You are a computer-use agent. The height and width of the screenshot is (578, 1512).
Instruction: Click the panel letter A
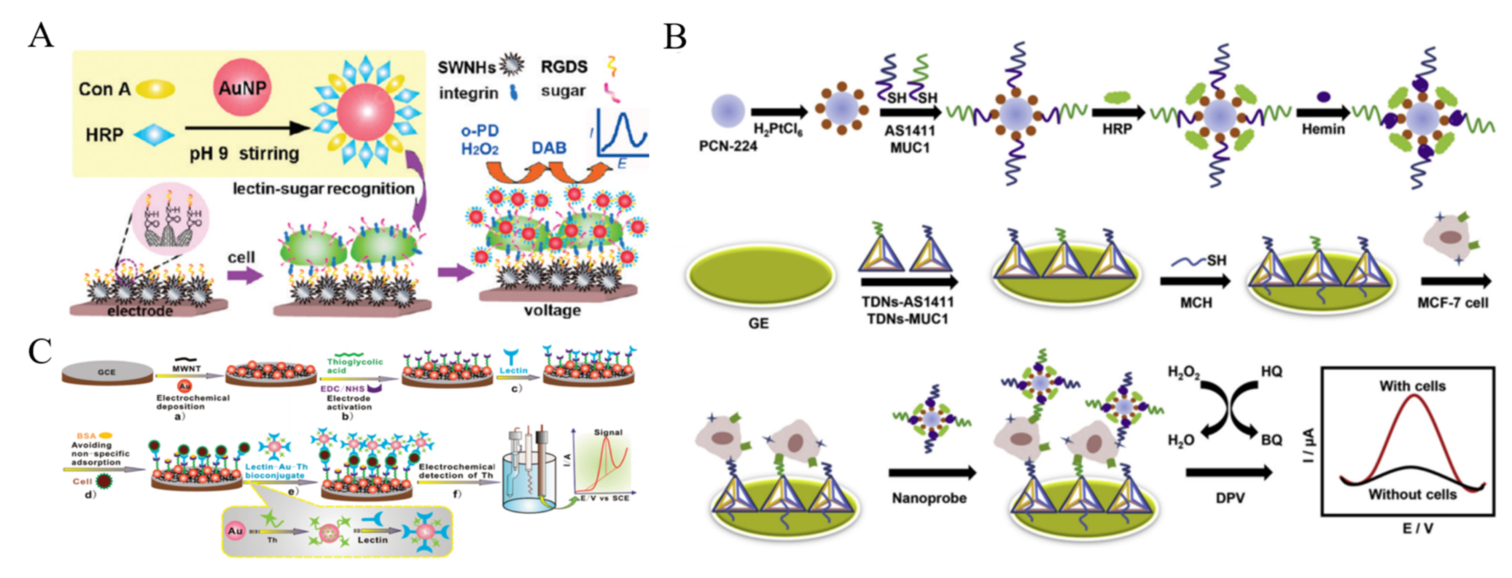[41, 37]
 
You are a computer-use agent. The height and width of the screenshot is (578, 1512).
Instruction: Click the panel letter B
[675, 38]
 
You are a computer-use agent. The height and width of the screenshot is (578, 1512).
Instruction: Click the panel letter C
[40, 352]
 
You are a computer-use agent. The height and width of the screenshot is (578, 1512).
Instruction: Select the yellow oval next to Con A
[156, 89]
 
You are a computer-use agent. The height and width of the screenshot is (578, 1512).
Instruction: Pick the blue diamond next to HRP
[154, 135]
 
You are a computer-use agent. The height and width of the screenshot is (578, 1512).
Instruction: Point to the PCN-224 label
[728, 146]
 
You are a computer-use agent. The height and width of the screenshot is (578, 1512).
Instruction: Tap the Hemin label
[1323, 130]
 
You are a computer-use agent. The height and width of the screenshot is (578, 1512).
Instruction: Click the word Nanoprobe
[929, 498]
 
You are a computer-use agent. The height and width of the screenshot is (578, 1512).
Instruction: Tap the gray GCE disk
[107, 373]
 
